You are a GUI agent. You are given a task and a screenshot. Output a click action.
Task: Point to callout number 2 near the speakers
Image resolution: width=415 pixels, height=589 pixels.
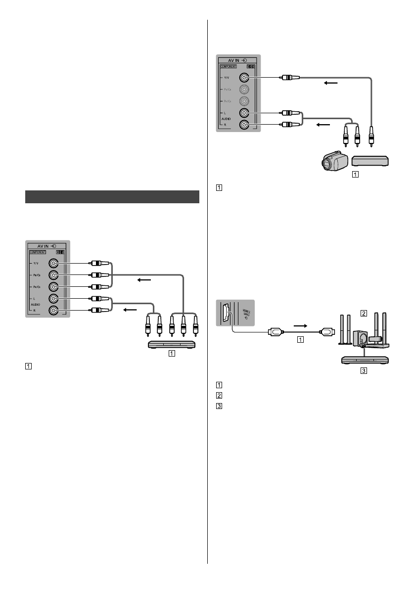tap(364, 313)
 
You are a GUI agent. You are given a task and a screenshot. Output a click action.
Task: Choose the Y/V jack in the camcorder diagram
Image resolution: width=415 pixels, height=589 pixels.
tap(243, 78)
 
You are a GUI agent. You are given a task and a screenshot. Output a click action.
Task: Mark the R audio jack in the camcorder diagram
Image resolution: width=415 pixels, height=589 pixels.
tap(243, 125)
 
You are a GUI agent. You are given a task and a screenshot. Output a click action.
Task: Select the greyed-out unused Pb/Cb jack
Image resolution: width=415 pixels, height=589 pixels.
tap(243, 90)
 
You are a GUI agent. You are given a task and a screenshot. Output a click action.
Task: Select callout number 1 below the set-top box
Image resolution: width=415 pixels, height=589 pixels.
tap(355, 174)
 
